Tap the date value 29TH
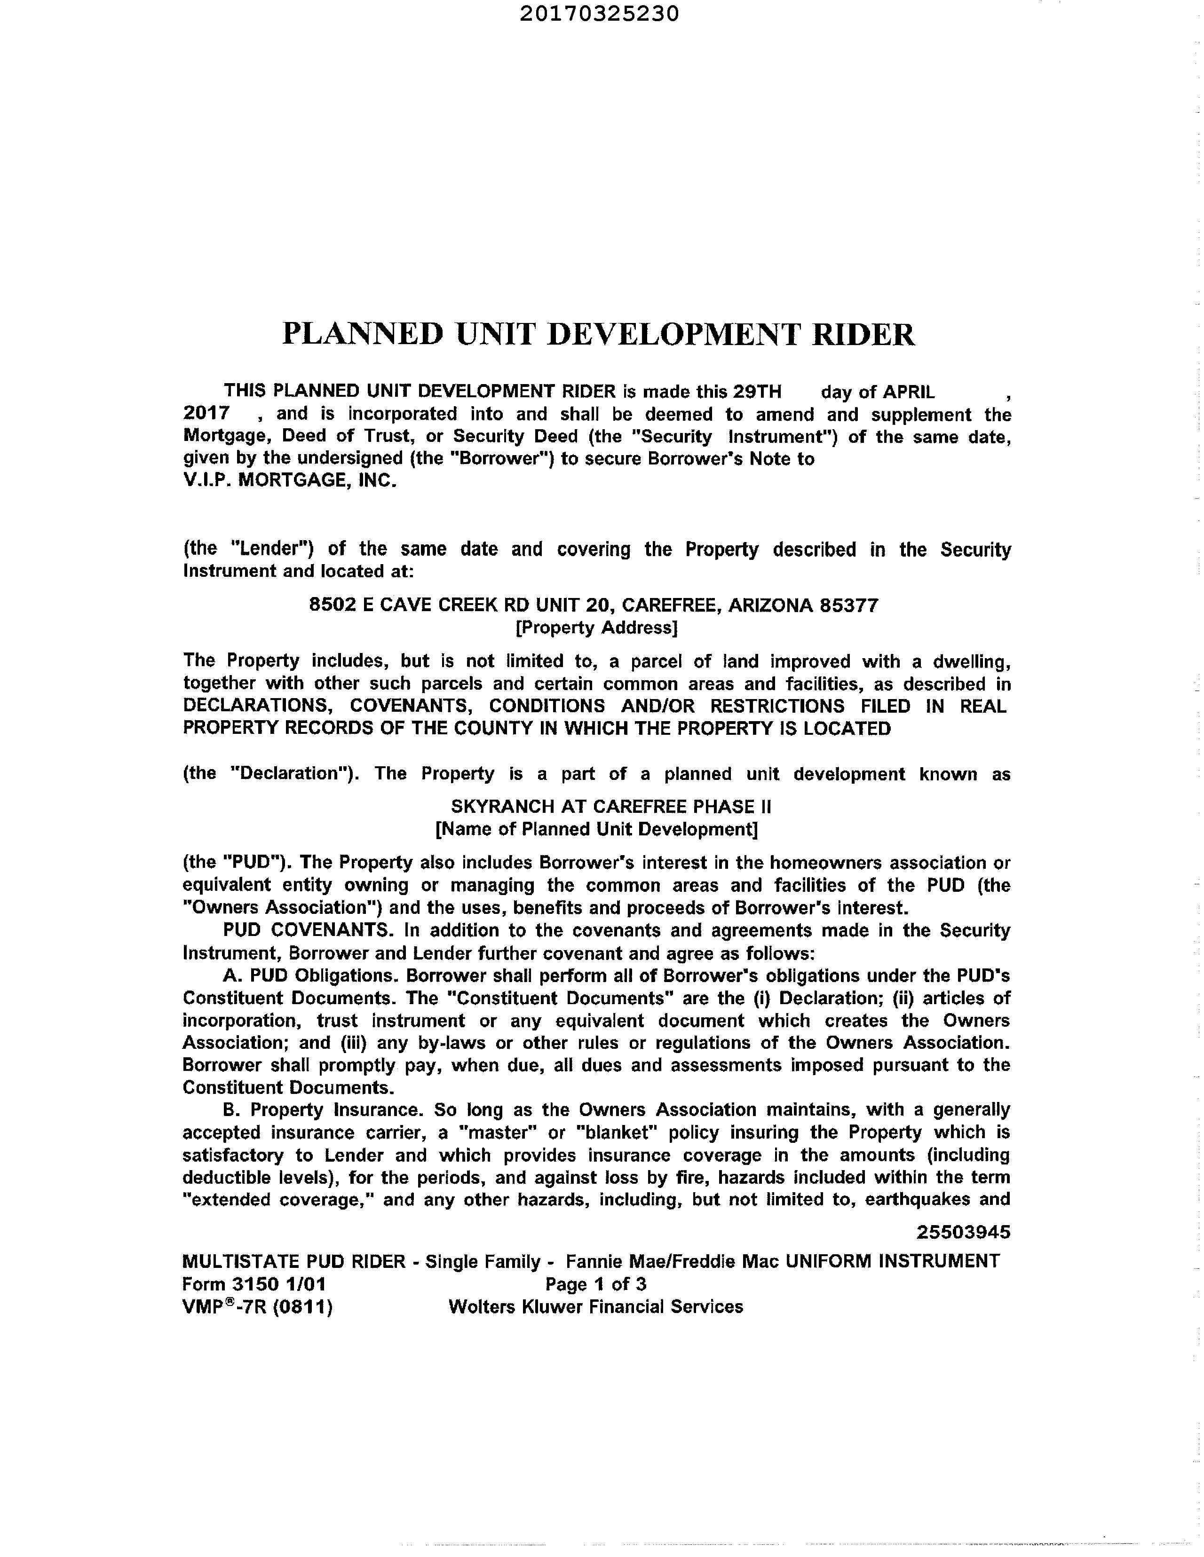point(758,392)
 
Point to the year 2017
point(206,414)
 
